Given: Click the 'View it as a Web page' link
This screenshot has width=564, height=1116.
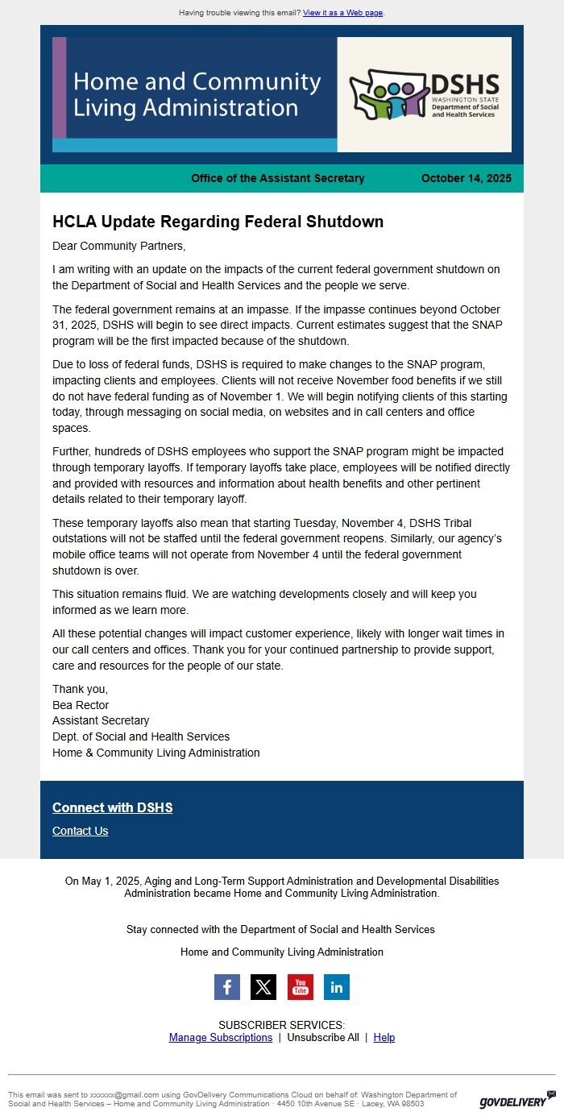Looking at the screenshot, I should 343,13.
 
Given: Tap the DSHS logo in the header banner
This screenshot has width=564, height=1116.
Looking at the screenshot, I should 424,94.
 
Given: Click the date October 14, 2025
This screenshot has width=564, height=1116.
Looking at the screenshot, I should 466,178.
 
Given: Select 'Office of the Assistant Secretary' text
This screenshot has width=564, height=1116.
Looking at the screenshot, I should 278,178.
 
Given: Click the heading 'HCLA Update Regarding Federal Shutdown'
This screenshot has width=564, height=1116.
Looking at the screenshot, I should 218,222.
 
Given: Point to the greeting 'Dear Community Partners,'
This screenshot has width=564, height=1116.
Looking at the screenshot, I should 118,246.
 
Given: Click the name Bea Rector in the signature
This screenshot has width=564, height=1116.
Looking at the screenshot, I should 81,705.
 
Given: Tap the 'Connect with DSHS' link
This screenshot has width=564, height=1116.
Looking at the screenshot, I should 112,807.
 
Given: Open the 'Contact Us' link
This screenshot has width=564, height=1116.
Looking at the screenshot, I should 80,831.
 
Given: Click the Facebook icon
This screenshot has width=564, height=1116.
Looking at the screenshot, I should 227,986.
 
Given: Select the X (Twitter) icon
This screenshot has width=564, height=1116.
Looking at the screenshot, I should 263,986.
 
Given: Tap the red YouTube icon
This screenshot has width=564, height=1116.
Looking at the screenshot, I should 301,986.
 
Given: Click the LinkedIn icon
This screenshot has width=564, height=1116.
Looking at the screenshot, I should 337,986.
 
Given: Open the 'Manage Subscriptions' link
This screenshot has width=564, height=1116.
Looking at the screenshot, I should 221,1037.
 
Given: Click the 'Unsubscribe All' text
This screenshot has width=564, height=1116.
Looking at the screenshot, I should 323,1037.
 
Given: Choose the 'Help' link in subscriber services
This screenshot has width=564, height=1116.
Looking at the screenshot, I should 384,1037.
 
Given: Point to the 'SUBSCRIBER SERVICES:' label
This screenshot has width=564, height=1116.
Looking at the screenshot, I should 282,1025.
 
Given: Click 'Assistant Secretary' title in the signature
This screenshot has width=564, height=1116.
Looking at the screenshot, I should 101,720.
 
